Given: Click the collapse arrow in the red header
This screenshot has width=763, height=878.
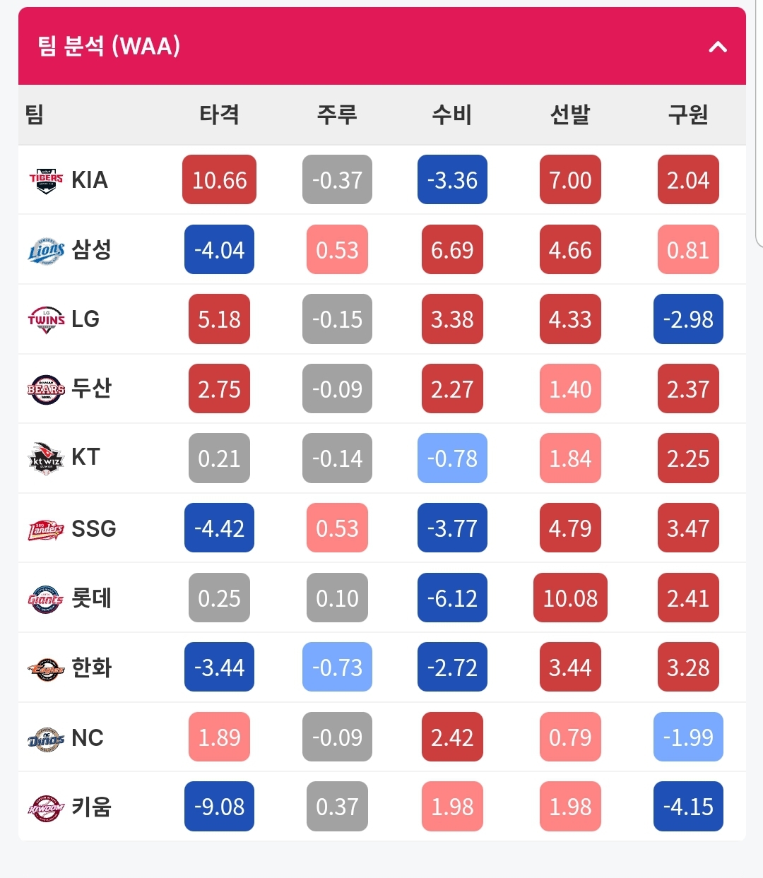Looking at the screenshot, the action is pyautogui.click(x=718, y=47).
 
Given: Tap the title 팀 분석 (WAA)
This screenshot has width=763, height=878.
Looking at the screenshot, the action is pyautogui.click(x=109, y=46).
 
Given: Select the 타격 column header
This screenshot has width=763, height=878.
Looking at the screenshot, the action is pyautogui.click(x=219, y=114).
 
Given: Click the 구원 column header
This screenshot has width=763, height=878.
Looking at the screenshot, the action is pyautogui.click(x=688, y=114).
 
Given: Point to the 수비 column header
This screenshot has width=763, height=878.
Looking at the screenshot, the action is pyautogui.click(x=452, y=114).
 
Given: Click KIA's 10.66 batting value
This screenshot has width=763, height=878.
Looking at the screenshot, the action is pyautogui.click(x=219, y=179).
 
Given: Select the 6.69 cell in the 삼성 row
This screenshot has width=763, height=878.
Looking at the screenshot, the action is pyautogui.click(x=452, y=249).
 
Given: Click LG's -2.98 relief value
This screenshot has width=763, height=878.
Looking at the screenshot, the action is pyautogui.click(x=688, y=319).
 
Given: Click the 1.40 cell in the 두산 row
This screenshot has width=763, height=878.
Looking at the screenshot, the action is pyautogui.click(x=570, y=388).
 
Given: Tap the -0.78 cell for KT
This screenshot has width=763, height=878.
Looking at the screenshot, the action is pyautogui.click(x=452, y=458).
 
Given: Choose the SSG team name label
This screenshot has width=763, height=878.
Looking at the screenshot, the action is pyautogui.click(x=93, y=528).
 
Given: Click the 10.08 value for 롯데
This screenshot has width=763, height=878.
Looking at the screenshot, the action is pyautogui.click(x=570, y=598).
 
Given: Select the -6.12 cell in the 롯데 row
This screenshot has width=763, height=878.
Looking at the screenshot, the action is pyautogui.click(x=452, y=598).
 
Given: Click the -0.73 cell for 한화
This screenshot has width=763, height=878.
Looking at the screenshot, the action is pyautogui.click(x=337, y=667).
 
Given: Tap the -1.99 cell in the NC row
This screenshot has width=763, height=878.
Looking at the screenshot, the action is pyautogui.click(x=688, y=737).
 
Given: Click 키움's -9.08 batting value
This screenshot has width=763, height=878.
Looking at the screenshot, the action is pyautogui.click(x=219, y=807).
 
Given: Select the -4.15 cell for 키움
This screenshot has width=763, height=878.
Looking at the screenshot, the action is pyautogui.click(x=688, y=807).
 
